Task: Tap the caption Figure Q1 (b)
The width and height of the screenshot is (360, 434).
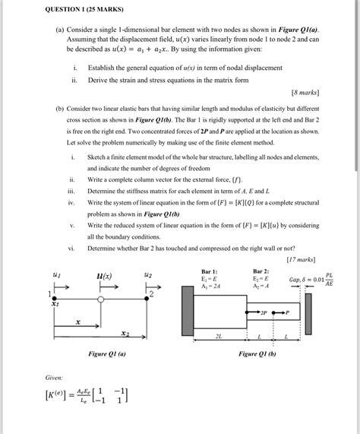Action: point(257,353)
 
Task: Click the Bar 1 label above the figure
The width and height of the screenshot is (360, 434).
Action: point(210,271)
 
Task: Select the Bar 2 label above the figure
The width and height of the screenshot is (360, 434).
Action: point(261,271)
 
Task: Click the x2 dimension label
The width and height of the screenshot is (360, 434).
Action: point(125,333)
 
